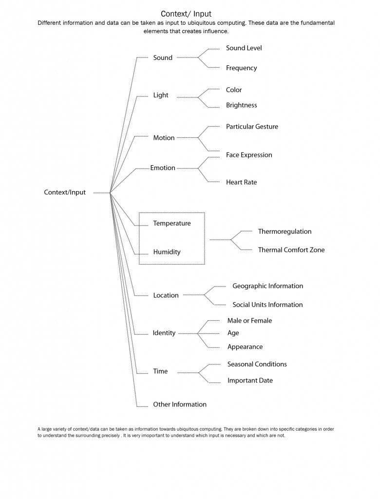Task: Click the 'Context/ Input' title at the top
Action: pos(186,14)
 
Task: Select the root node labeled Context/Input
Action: pos(65,192)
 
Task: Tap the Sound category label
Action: pos(163,58)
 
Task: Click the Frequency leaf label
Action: pos(241,68)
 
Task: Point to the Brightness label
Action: pos(241,105)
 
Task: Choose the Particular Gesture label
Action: pos(252,127)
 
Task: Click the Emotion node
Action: pos(163,168)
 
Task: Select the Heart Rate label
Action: pos(241,182)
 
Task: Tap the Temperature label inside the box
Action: pos(172,224)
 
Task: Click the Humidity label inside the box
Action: pos(167,252)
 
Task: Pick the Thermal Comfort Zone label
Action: pos(291,250)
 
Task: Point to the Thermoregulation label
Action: pos(285,231)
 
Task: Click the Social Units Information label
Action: pos(267,305)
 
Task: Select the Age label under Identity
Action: pos(233,333)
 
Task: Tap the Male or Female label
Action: pos(249,321)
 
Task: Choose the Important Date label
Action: pos(250,381)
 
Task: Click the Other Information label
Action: pos(180,404)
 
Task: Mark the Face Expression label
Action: pos(249,155)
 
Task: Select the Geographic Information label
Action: pos(267,286)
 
